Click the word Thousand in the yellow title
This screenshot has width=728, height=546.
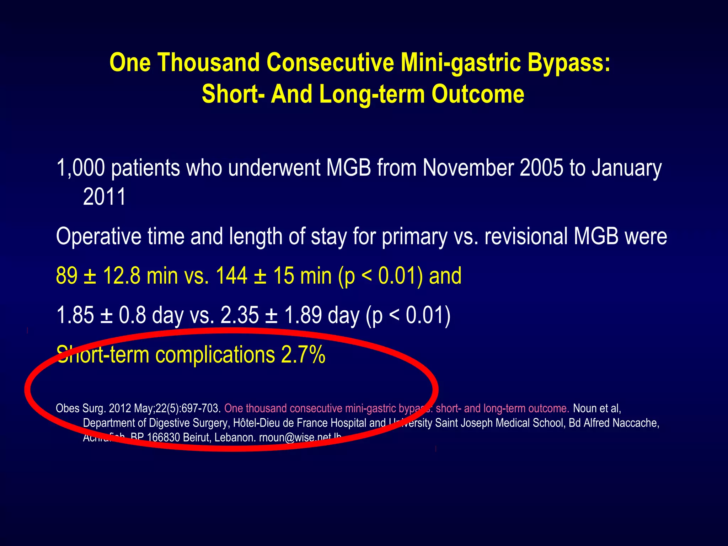[208, 63]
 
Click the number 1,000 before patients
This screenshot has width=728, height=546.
[81, 168]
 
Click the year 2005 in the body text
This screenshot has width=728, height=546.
[541, 168]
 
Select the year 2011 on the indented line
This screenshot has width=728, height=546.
[104, 197]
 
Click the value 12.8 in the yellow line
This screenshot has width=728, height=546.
[122, 276]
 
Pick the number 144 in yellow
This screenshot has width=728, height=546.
[231, 276]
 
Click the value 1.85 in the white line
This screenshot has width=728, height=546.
[75, 315]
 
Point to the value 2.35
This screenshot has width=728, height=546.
[240, 315]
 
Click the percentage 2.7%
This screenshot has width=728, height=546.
[303, 355]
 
